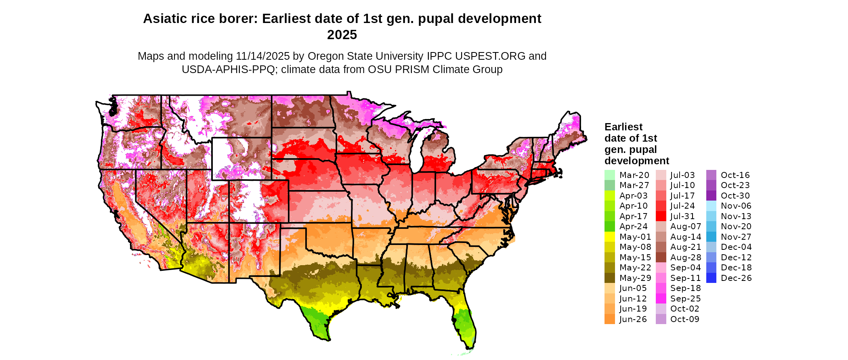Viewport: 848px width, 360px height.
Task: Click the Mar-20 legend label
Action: [634, 175]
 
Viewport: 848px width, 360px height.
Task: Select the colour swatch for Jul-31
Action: [661, 216]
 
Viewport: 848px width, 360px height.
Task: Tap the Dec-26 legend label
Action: [736, 278]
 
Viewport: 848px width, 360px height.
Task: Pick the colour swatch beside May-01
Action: [610, 237]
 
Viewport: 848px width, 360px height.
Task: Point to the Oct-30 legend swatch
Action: [712, 196]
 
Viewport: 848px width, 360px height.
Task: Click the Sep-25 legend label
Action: [685, 299]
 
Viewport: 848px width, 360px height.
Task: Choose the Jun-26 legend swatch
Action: [610, 319]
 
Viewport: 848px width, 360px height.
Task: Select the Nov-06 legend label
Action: [736, 206]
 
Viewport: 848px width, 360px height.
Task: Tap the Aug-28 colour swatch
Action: [661, 257]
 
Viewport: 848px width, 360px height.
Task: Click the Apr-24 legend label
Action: [633, 226]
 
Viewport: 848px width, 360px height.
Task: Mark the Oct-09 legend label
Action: [684, 319]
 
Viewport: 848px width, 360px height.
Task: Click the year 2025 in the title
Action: [342, 35]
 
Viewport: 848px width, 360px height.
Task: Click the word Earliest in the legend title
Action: [623, 127]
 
